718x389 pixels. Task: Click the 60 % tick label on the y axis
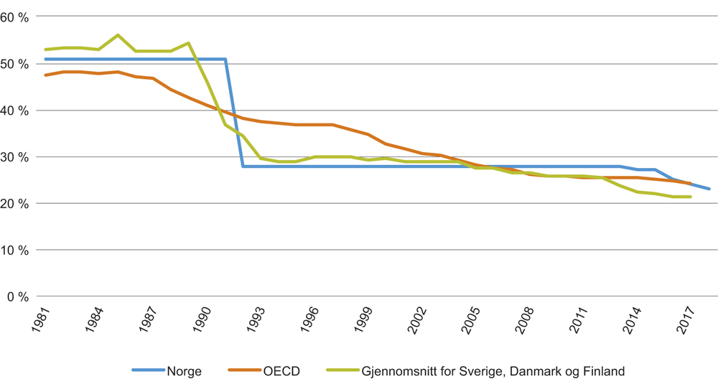[x=15, y=17]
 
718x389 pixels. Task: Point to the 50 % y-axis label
[x=15, y=64]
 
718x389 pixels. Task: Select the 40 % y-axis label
[x=15, y=111]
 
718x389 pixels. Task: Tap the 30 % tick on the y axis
[x=15, y=157]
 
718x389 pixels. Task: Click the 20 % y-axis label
[x=15, y=204]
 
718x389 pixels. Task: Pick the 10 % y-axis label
[x=15, y=250]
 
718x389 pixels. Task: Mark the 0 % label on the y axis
[x=19, y=296]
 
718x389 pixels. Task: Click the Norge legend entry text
[x=184, y=371]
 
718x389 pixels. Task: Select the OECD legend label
[x=279, y=371]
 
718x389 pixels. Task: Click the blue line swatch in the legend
[x=148, y=371]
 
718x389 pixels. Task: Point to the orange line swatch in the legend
[x=243, y=371]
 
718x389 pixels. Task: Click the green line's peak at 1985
[x=118, y=35]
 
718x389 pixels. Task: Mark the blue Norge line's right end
[x=709, y=189]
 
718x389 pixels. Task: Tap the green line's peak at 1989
[x=188, y=43]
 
